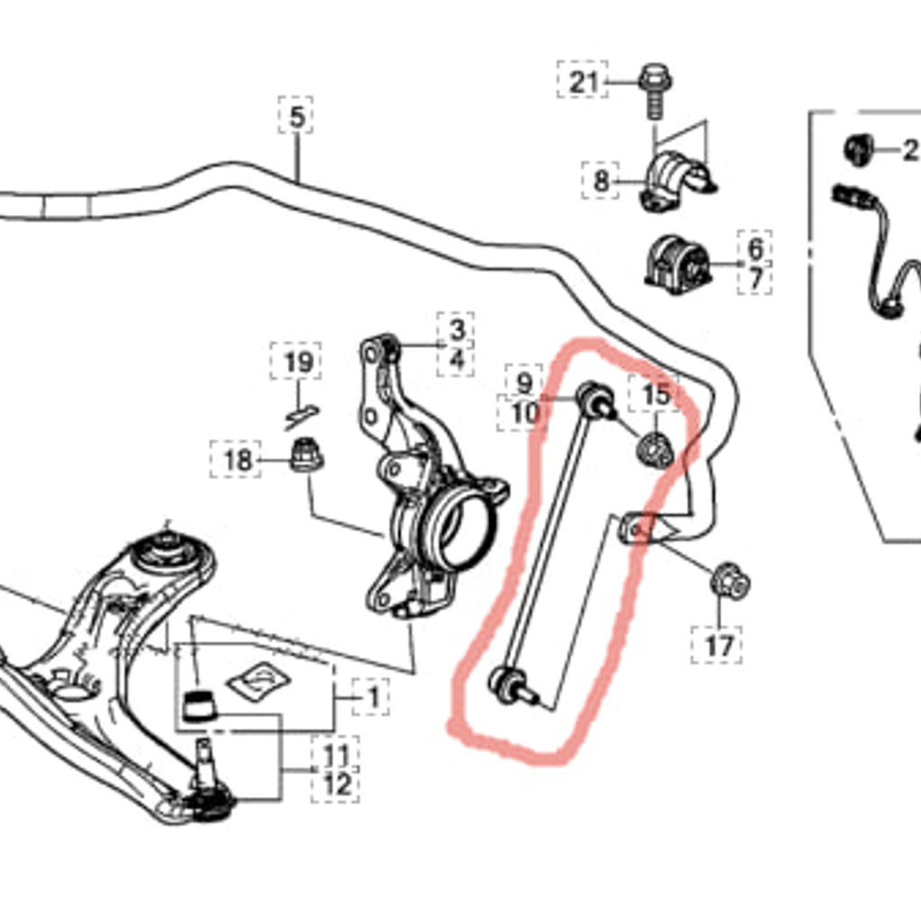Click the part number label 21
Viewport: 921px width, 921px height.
583,82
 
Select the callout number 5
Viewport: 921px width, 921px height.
296,116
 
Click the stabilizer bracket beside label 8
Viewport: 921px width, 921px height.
676,182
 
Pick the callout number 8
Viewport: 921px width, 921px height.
601,182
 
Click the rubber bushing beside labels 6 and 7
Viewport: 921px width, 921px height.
679,264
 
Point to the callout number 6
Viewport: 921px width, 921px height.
755,248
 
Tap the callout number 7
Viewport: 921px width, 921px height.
755,279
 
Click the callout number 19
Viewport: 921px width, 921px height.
298,362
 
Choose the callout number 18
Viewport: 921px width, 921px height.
237,460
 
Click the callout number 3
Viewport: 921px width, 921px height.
457,329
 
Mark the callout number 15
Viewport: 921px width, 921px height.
656,394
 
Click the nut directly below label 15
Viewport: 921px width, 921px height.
655,449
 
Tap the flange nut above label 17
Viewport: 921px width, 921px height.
730,581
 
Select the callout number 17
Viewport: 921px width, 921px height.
719,645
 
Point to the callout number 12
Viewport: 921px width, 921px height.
336,784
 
